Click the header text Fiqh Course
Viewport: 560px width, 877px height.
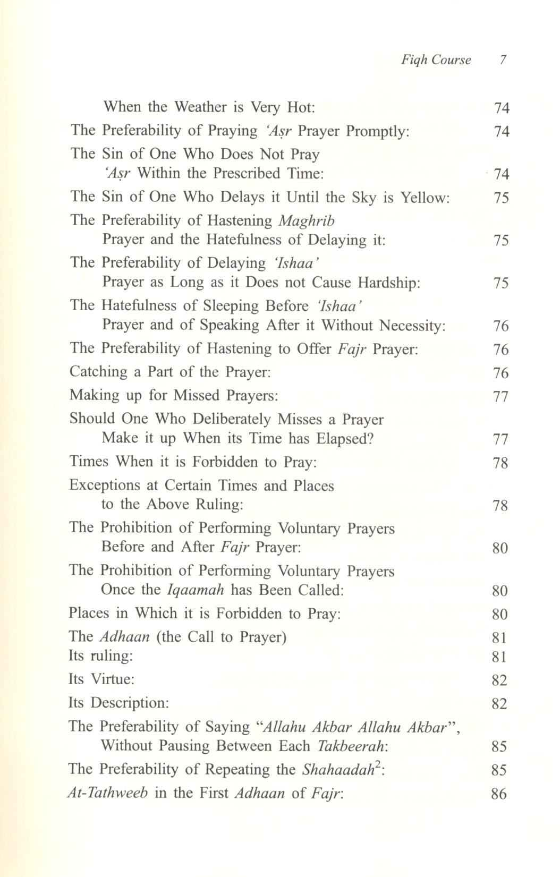(x=436, y=59)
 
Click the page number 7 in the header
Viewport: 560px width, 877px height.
(x=502, y=59)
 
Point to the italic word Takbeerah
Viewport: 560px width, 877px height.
(x=352, y=746)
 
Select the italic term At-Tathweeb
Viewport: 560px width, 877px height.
(x=108, y=794)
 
